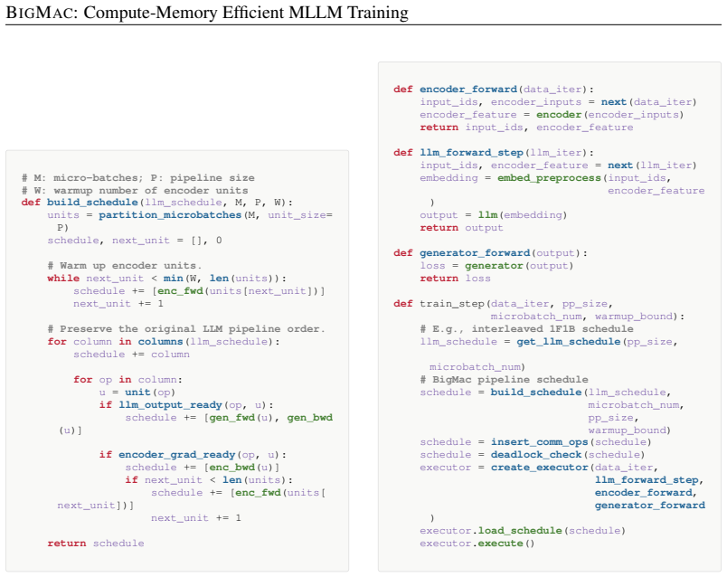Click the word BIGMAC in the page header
39,13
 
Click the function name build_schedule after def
92,203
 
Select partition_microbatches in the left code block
170,215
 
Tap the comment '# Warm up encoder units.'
124,266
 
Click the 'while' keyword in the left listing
63,279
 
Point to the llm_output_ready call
171,405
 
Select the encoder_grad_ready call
176,455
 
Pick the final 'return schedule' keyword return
66,544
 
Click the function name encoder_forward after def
468,89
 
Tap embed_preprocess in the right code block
549,178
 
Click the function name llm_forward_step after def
471,153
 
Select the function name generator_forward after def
475,253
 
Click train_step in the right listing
452,304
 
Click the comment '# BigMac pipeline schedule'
504,380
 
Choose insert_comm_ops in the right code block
539,442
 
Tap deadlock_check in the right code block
536,455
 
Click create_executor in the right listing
539,468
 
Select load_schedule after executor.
520,531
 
